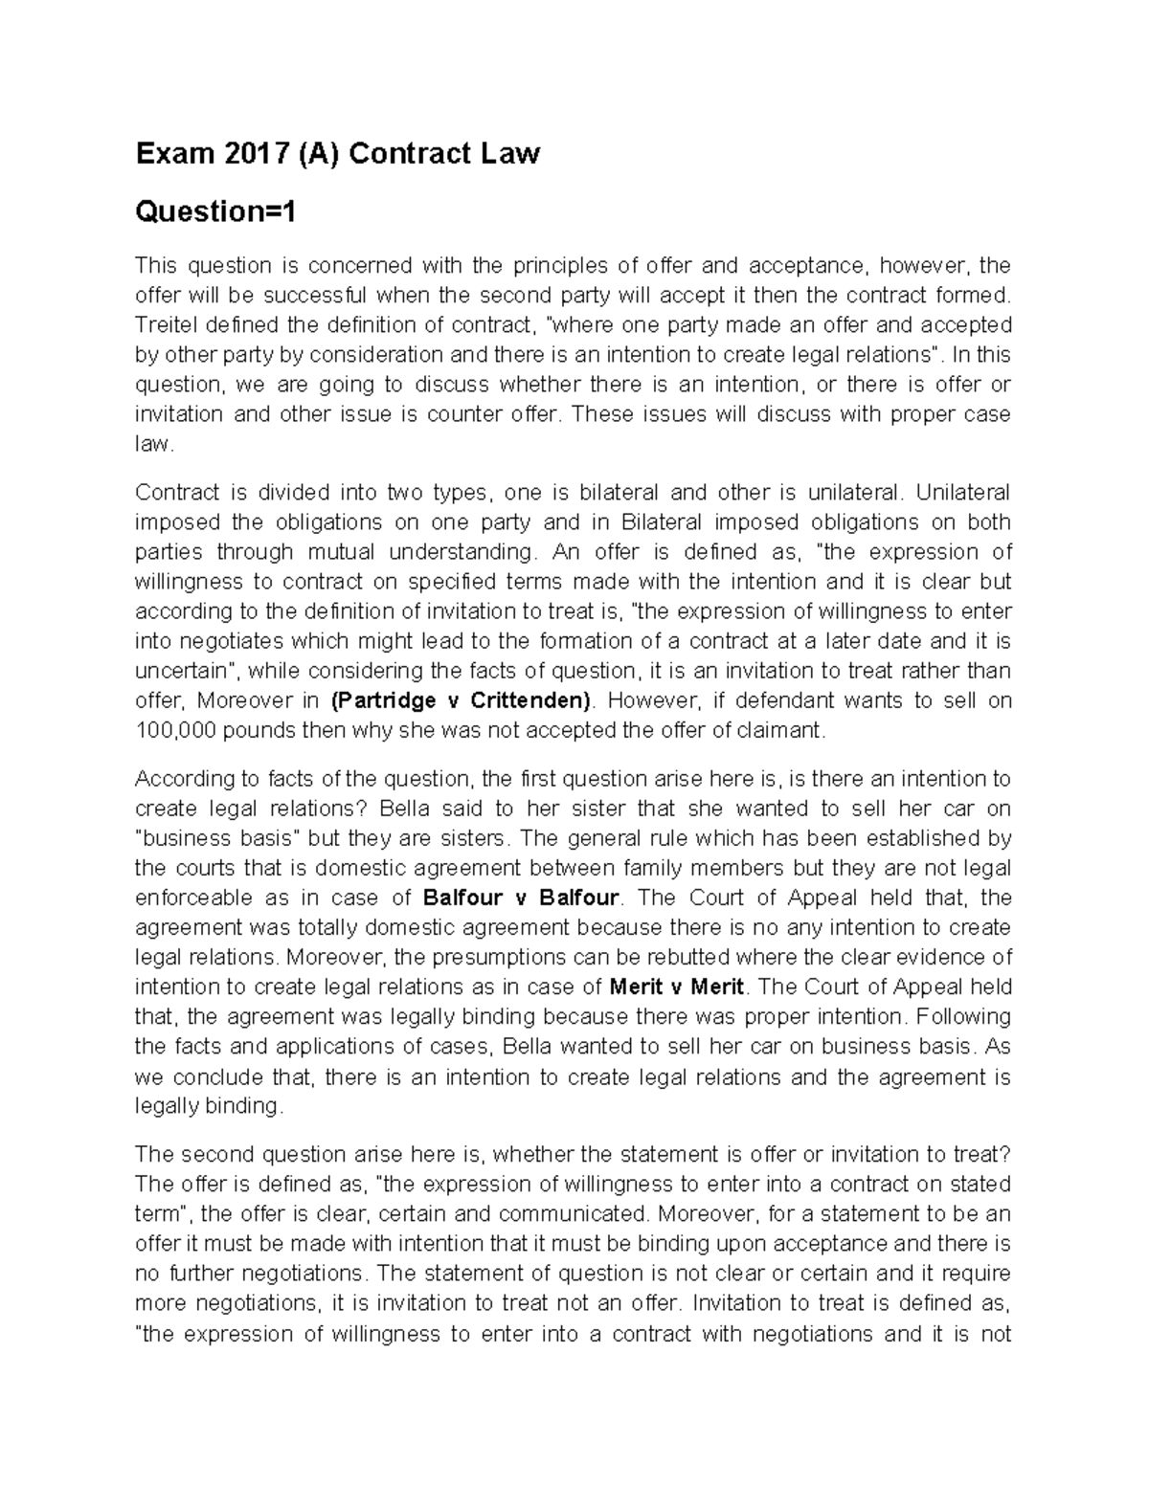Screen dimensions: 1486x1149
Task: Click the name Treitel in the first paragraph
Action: tap(165, 325)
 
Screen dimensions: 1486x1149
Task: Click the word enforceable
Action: tap(194, 898)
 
